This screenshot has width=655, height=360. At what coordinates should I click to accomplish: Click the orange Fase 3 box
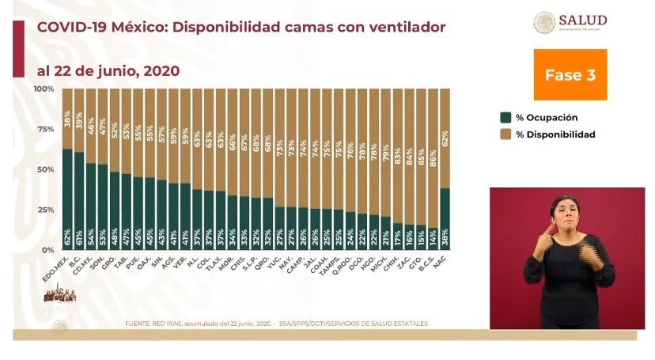(x=570, y=74)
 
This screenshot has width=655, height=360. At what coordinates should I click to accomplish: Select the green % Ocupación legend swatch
(x=505, y=117)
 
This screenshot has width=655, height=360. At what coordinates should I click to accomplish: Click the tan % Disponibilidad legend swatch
(x=505, y=135)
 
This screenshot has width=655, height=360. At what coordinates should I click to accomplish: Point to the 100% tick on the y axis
(x=44, y=88)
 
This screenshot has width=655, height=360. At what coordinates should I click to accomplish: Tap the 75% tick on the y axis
(x=46, y=129)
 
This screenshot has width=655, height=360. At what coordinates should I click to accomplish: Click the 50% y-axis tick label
(x=46, y=169)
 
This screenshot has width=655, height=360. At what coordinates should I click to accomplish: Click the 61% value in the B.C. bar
(x=80, y=237)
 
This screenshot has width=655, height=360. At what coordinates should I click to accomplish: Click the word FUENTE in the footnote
(x=140, y=324)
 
